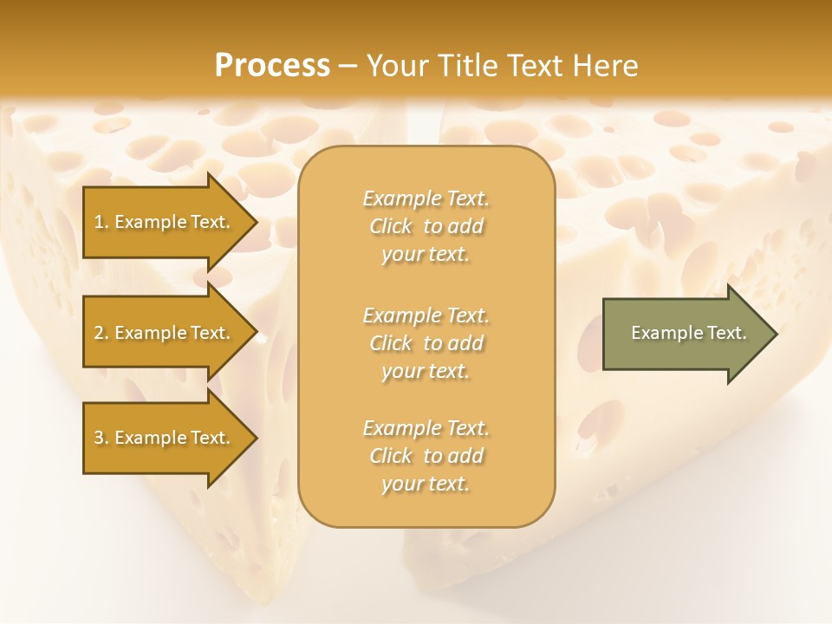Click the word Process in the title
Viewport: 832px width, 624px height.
click(x=272, y=66)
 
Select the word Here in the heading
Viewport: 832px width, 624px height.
click(x=603, y=66)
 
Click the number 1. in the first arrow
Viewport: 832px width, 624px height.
click(x=101, y=222)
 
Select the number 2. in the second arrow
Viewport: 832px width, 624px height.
click(x=101, y=333)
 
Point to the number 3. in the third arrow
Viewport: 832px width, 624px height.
click(x=101, y=438)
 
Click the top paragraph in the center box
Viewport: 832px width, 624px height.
click(x=426, y=226)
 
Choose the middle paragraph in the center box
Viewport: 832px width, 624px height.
click(x=426, y=343)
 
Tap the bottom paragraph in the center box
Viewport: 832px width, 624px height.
click(x=426, y=456)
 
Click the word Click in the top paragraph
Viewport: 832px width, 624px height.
click(x=391, y=226)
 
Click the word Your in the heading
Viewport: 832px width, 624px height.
click(x=398, y=66)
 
